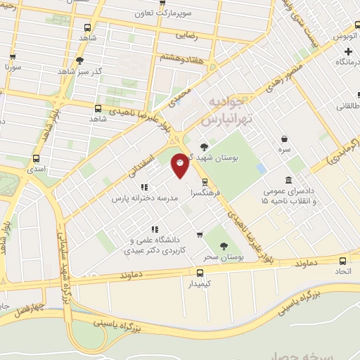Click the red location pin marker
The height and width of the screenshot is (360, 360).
(x=180, y=165)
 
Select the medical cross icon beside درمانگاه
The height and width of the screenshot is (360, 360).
(x=349, y=51)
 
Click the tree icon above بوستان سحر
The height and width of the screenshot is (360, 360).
(x=224, y=246)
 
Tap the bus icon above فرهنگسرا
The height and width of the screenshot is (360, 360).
(x=204, y=181)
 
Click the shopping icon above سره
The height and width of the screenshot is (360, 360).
(x=283, y=139)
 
